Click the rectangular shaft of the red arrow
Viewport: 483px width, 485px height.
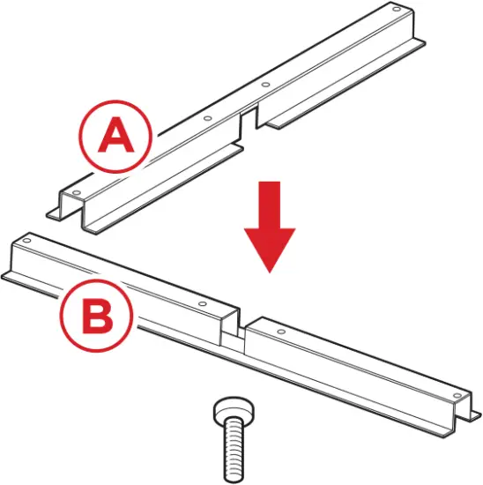270,202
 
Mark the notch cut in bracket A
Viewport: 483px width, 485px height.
250,120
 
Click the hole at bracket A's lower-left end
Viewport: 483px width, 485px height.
77,192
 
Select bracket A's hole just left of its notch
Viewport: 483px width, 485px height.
205,119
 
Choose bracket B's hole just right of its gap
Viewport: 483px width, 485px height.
280,332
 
